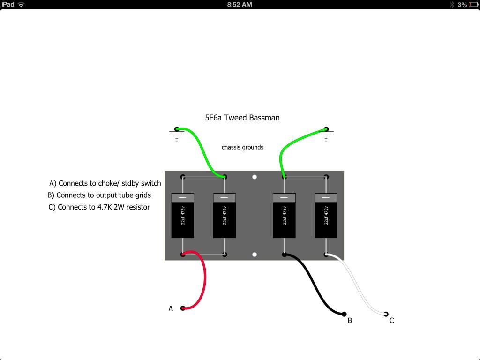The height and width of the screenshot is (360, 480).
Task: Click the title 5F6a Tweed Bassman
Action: pyautogui.click(x=242, y=118)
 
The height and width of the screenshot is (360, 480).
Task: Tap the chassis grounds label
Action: pyautogui.click(x=242, y=147)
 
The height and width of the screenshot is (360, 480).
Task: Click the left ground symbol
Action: pyautogui.click(x=177, y=135)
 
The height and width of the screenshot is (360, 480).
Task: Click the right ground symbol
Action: pyautogui.click(x=326, y=135)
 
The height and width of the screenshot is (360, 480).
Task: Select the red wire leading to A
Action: pyautogui.click(x=204, y=277)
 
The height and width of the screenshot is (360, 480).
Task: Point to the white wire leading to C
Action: pyautogui.click(x=357, y=285)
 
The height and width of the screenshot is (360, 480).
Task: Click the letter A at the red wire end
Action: pyautogui.click(x=171, y=308)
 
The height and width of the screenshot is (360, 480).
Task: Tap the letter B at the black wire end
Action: pyautogui.click(x=350, y=321)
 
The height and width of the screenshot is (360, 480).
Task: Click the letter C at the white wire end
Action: pyautogui.click(x=391, y=321)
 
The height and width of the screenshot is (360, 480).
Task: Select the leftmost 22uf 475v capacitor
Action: pyautogui.click(x=183, y=216)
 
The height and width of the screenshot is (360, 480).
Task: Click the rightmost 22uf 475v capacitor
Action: pyautogui.click(x=326, y=216)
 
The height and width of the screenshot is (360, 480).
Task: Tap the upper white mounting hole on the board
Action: pyautogui.click(x=255, y=177)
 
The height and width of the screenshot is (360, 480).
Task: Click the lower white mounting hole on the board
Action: pyautogui.click(x=255, y=255)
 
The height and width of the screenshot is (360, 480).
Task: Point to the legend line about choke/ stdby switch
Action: pyautogui.click(x=105, y=183)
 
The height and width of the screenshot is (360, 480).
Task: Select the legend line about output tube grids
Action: pyautogui.click(x=99, y=195)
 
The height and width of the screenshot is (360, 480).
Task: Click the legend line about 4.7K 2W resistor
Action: pyautogui.click(x=99, y=207)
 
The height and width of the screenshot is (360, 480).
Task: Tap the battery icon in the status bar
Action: pyautogui.click(x=473, y=5)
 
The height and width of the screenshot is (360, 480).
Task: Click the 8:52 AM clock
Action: pyautogui.click(x=240, y=5)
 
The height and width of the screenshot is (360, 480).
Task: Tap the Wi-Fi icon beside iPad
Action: pyautogui.click(x=21, y=5)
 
